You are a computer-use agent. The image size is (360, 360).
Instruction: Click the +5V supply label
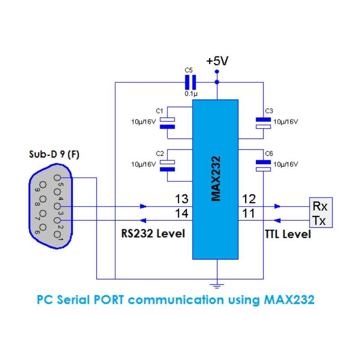(217, 61)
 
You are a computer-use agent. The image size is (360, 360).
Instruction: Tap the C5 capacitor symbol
(190, 82)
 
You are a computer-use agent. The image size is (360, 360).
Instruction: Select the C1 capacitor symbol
(167, 123)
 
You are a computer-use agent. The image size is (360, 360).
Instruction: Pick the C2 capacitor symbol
(167, 166)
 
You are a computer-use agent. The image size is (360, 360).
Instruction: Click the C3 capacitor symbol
(263, 123)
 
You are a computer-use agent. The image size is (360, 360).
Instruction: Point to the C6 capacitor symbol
(263, 166)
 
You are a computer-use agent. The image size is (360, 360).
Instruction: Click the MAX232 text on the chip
(216, 179)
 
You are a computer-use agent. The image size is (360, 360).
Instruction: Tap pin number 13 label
(182, 199)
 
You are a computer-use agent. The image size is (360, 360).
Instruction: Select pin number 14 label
(182, 213)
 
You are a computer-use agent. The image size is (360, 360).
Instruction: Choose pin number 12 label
(249, 199)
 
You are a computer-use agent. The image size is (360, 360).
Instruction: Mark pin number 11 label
(248, 213)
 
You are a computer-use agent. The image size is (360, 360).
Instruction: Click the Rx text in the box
(320, 206)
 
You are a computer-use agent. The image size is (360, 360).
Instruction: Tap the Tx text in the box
(319, 220)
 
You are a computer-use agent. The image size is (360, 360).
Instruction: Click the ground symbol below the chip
(217, 286)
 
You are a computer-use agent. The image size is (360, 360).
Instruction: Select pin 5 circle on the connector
(57, 178)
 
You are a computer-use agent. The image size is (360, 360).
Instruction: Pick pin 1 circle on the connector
(57, 234)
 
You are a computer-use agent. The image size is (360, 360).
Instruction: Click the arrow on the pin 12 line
(277, 206)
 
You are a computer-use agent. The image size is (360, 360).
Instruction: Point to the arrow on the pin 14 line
(143, 220)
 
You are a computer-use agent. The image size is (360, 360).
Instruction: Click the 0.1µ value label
(191, 94)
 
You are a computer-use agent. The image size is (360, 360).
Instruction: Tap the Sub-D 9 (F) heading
(54, 154)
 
